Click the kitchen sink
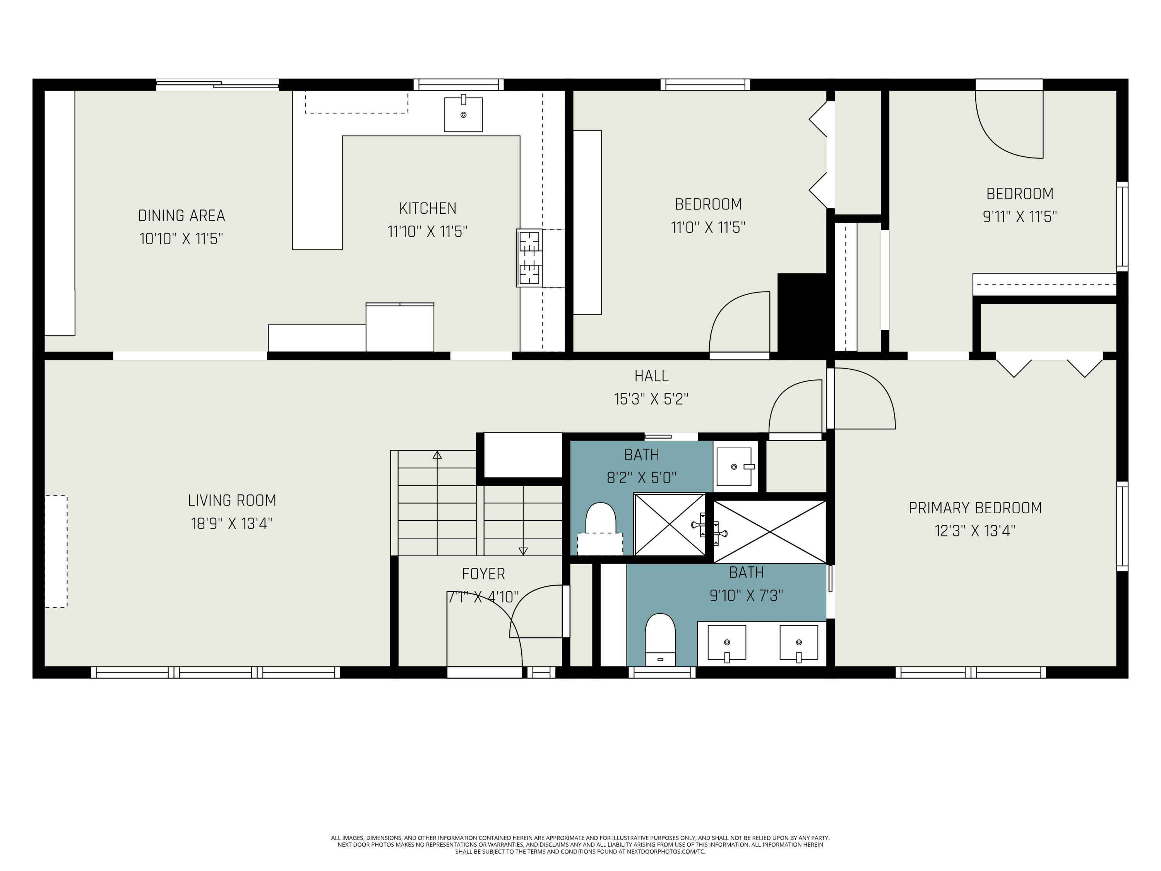click(x=463, y=113)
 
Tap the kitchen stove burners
click(x=529, y=258)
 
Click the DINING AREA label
click(x=182, y=215)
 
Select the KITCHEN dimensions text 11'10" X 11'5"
click(x=427, y=231)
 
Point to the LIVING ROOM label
click(x=232, y=500)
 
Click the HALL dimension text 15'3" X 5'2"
click(x=651, y=399)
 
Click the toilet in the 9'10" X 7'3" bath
click(x=660, y=640)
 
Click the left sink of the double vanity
click(x=726, y=643)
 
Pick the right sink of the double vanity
click(x=798, y=643)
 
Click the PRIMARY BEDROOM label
click(x=975, y=508)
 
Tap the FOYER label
click(x=483, y=574)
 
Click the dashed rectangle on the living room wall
click(x=56, y=551)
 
